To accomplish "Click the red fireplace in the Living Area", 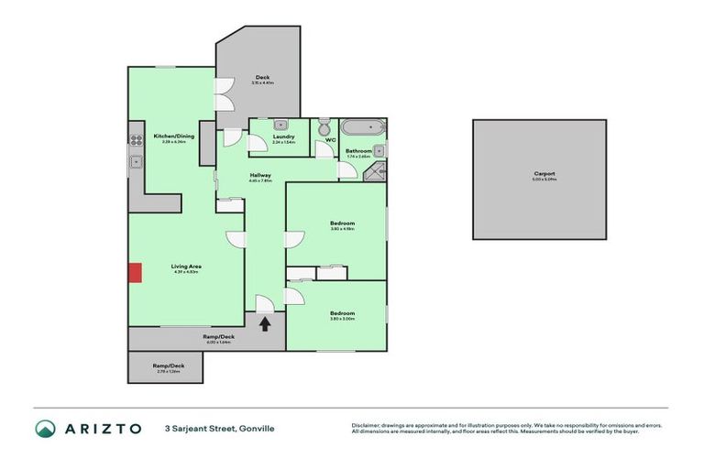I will [x=135, y=272].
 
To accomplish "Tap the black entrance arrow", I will [x=266, y=322].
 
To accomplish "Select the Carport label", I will [x=544, y=173].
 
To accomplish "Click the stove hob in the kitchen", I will [x=135, y=141].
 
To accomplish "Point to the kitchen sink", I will [x=135, y=162].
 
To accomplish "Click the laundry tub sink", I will [x=282, y=125].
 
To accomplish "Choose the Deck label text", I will [x=262, y=78].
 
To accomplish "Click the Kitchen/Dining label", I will [x=173, y=136].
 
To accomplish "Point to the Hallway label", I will [x=260, y=175].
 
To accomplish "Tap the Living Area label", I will [x=185, y=267].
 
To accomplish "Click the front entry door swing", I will [x=263, y=304].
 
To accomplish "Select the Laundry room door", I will [x=234, y=137].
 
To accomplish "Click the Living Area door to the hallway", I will [x=236, y=239].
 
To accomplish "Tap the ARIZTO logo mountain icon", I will [x=46, y=428].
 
